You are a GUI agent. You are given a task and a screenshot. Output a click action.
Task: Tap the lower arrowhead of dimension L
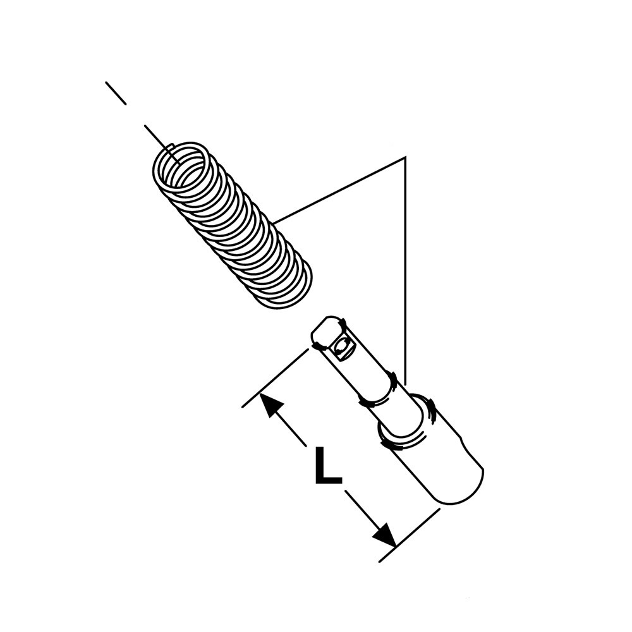point(384,535)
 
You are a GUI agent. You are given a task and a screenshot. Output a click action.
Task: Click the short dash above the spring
point(116,94)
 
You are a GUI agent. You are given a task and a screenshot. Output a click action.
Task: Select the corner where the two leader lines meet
point(404,156)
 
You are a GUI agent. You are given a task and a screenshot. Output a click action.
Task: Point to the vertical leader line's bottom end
point(406,383)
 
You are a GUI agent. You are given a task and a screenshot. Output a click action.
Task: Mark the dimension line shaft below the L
point(364,512)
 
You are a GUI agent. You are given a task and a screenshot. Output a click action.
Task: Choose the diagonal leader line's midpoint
point(339,190)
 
